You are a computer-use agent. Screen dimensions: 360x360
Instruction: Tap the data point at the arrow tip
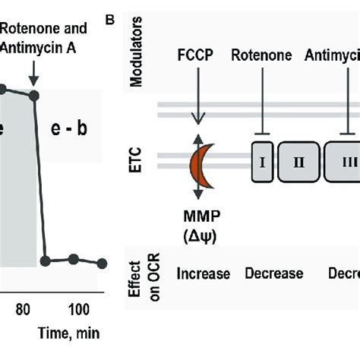pyautogui.click(x=33, y=95)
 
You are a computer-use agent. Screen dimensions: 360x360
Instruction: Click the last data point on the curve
pyautogui.click(x=102, y=263)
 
